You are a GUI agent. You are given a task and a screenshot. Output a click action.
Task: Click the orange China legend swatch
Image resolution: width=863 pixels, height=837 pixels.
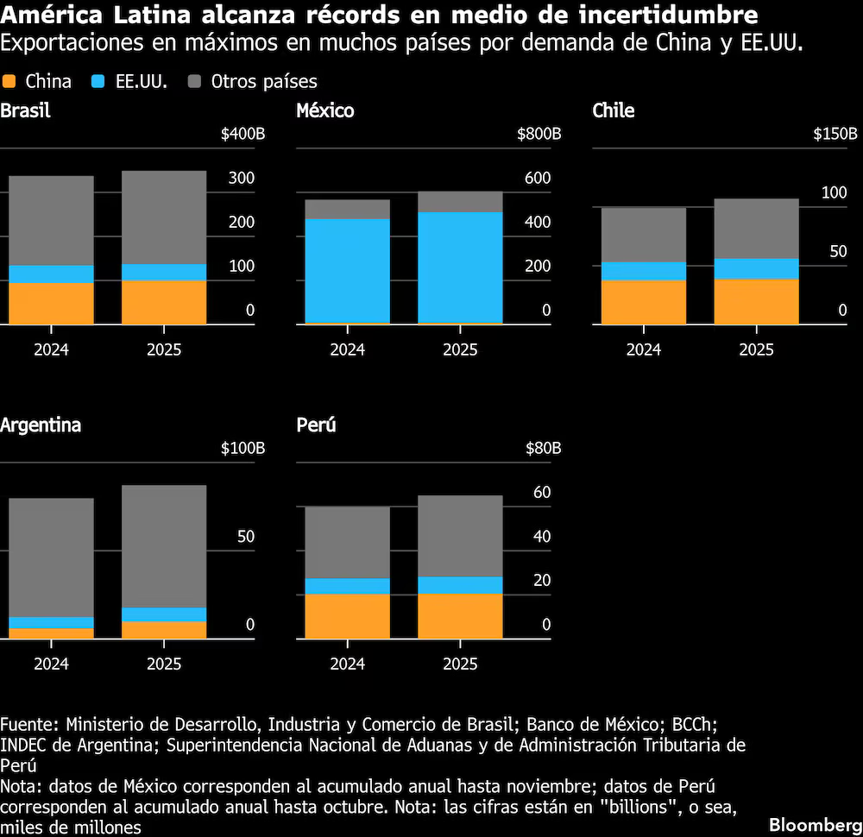point(9,82)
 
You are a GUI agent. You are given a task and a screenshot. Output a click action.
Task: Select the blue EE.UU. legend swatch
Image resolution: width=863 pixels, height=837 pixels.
point(98,82)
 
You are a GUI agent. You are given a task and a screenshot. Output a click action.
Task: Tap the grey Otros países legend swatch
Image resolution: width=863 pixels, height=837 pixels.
point(195,82)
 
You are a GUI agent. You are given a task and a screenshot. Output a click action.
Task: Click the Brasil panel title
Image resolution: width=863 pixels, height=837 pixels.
point(25,110)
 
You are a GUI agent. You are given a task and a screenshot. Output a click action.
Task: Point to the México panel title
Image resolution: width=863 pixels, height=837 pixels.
point(324,110)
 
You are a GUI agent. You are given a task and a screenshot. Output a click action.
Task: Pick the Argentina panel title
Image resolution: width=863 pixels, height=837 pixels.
point(41,425)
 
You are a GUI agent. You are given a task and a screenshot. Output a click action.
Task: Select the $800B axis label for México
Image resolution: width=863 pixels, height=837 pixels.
point(539,135)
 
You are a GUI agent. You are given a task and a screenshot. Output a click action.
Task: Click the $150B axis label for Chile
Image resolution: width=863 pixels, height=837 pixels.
point(835,135)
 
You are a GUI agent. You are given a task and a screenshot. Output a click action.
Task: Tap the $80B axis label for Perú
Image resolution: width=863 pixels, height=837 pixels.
point(544,449)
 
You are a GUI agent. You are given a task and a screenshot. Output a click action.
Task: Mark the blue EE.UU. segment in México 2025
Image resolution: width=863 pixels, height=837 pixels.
point(460,267)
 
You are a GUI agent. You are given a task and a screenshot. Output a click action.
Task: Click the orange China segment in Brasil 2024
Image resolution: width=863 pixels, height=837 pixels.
point(51,303)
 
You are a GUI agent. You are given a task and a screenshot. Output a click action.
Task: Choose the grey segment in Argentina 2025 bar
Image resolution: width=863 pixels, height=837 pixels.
point(164,546)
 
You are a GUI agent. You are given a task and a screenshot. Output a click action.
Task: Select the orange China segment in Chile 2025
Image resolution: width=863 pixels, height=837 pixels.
point(756,301)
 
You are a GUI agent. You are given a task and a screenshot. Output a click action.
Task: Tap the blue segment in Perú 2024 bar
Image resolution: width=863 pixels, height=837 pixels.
point(347,586)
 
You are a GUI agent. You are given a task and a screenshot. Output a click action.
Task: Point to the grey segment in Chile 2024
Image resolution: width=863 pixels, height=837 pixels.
point(643,235)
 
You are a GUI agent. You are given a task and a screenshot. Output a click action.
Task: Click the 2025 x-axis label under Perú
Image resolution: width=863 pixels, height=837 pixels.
point(460,664)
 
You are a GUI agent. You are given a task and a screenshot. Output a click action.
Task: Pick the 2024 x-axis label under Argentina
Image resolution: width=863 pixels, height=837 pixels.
point(51,664)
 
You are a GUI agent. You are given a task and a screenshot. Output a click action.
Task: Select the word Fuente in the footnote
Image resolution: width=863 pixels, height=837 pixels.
point(28,723)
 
